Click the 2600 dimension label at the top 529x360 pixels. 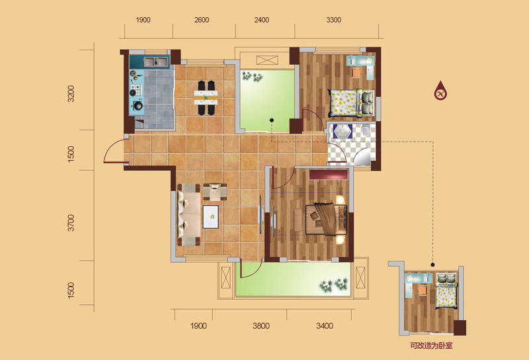coord(202,20)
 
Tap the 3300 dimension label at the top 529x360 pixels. coord(333,20)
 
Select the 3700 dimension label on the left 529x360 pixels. coord(71,223)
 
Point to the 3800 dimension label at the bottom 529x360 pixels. coord(261,326)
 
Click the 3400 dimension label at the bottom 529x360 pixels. coord(325,326)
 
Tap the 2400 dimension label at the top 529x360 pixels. coord(261,20)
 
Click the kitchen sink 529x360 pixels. coord(155,62)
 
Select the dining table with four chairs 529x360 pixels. coord(206,98)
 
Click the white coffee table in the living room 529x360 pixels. coord(210,216)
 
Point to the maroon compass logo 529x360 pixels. coord(440,91)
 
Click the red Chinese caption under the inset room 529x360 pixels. coord(431,345)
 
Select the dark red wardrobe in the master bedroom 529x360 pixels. coord(329,174)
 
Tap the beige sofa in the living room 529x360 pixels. coord(188,215)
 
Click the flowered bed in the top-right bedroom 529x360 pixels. coord(351,103)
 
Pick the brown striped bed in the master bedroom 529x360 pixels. coord(326,220)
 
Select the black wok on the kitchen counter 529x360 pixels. coord(138,106)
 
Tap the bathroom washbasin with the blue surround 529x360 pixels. coord(343,131)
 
